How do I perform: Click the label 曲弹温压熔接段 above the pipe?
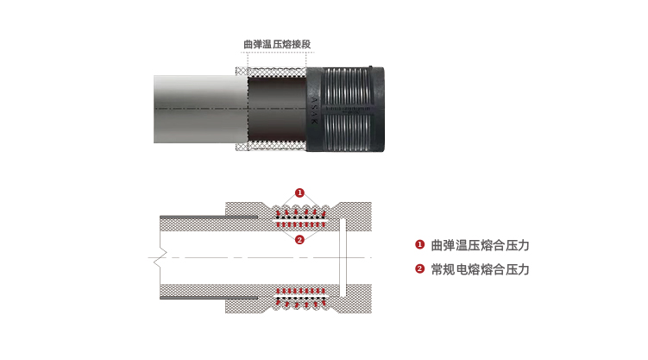pyautogui.click(x=277, y=44)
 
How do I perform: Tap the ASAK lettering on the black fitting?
pyautogui.click(x=314, y=111)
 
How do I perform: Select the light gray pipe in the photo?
pyautogui.click(x=201, y=109)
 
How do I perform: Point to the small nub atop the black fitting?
pyautogui.click(x=370, y=66)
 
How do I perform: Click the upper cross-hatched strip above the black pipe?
pyautogui.click(x=271, y=72)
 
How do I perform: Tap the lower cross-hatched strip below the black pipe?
pyautogui.click(x=271, y=146)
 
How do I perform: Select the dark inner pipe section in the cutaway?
pyautogui.click(x=277, y=109)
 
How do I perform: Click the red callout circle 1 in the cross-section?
pyautogui.click(x=299, y=193)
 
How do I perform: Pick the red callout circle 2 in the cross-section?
pyautogui.click(x=299, y=240)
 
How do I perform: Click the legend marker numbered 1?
pyautogui.click(x=420, y=244)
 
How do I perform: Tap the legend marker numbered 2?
pyautogui.click(x=420, y=269)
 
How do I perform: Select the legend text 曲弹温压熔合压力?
pyautogui.click(x=481, y=245)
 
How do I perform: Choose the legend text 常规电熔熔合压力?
pyautogui.click(x=481, y=269)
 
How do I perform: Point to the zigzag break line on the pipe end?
pyautogui.click(x=160, y=257)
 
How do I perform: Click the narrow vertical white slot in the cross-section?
pyautogui.click(x=343, y=257)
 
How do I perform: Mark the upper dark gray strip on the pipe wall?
pyautogui.click(x=209, y=217)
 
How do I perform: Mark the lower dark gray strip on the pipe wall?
pyautogui.click(x=209, y=298)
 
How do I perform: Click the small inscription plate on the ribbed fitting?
pyautogui.click(x=347, y=110)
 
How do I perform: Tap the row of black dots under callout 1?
pyautogui.click(x=301, y=217)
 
